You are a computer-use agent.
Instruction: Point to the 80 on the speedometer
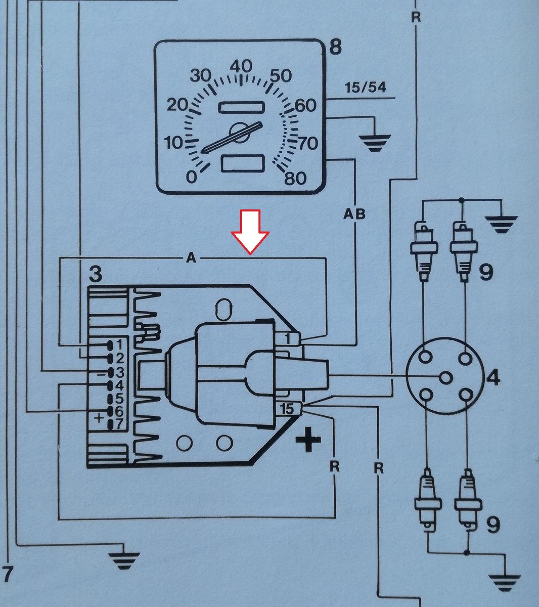(x=295, y=178)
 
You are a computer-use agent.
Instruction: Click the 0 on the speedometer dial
(x=191, y=177)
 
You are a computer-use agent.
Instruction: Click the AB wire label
(x=354, y=214)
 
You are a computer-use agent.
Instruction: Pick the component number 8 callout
(x=335, y=48)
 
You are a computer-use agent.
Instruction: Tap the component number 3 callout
(x=95, y=275)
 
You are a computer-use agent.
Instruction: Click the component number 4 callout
(x=493, y=378)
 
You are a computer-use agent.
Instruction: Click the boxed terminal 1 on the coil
(x=288, y=338)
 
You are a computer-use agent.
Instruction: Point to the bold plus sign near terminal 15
(x=308, y=441)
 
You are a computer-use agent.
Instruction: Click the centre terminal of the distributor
(x=445, y=378)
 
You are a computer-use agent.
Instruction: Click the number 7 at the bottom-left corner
(x=7, y=574)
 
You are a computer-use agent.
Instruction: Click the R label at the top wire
(x=416, y=17)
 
